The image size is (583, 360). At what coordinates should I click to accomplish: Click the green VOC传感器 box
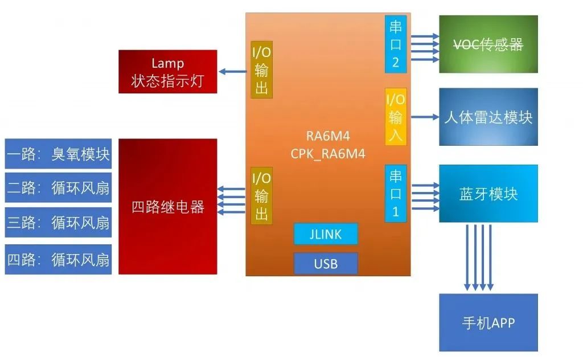click(488, 44)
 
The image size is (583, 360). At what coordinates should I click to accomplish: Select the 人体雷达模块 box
click(488, 117)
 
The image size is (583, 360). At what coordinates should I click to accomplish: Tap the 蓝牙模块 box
click(488, 194)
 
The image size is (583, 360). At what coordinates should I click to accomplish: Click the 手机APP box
click(488, 322)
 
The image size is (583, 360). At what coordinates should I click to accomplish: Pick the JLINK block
click(326, 234)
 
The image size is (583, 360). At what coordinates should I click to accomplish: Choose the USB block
click(326, 264)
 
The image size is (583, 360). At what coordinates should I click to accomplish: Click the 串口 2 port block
click(396, 44)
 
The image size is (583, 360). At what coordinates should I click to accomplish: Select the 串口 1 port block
click(396, 194)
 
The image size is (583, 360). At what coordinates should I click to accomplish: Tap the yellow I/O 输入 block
click(396, 117)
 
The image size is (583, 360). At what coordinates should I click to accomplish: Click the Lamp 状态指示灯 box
click(167, 72)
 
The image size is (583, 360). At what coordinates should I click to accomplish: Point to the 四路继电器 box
click(167, 206)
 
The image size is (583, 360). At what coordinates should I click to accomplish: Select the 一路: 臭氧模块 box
click(58, 154)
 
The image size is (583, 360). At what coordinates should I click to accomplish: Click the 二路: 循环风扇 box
click(58, 187)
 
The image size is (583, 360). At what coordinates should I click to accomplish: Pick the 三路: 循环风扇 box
click(58, 222)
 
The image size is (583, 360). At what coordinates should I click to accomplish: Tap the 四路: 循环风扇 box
click(58, 260)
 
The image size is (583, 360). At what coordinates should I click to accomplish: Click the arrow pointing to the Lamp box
click(235, 71)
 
